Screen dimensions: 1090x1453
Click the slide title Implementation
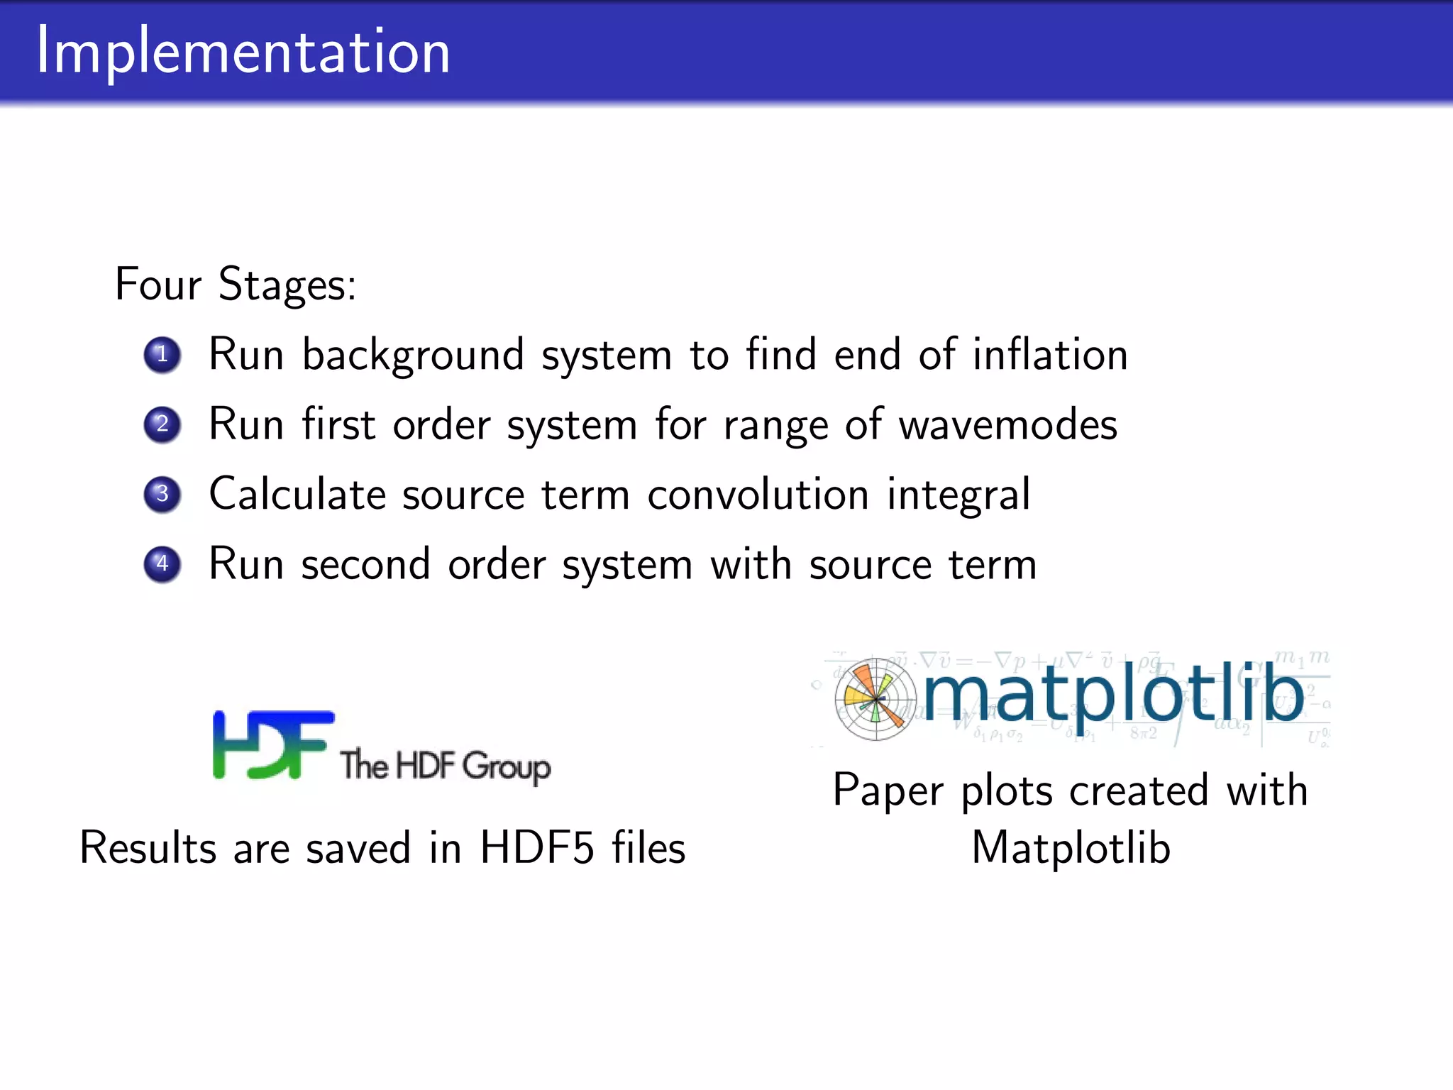[x=243, y=51]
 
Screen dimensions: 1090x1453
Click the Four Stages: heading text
[x=235, y=285]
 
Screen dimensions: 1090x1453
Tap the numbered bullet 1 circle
[x=162, y=354]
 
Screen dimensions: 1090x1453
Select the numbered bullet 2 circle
[x=162, y=424]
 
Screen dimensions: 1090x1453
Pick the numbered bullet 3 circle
[x=162, y=494]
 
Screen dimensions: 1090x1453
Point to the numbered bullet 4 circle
[x=162, y=564]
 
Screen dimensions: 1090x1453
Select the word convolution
[x=757, y=494]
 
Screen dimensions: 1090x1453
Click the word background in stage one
[x=413, y=356]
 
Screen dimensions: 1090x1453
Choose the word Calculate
[x=297, y=494]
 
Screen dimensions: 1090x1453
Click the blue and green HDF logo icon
[x=272, y=744]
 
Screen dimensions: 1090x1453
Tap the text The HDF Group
[x=445, y=766]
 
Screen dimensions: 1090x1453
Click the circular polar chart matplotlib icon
[x=875, y=700]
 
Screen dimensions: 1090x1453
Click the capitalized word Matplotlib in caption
[x=1071, y=847]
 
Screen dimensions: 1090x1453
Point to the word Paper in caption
[x=888, y=791]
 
